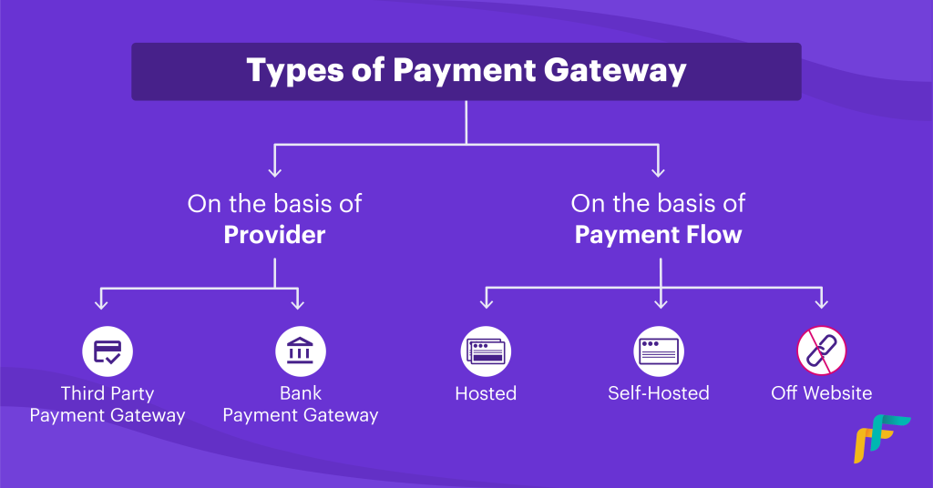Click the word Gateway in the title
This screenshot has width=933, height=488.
pos(615,71)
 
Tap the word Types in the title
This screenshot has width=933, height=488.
pos(294,71)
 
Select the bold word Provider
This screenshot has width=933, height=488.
pos(274,235)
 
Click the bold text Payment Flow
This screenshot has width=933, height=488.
pos(658,235)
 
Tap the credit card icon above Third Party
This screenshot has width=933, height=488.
pos(108,351)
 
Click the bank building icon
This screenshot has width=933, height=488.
pos(301,351)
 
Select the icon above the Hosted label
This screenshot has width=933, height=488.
pos(487,351)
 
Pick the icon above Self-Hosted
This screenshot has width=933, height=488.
pos(659,351)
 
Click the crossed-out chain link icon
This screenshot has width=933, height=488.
pos(822,351)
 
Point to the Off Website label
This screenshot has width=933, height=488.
pos(822,393)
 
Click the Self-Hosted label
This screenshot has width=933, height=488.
pos(659,393)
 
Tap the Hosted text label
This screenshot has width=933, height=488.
pos(487,393)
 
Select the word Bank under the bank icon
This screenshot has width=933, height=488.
pos(301,393)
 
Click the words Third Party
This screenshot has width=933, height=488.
pos(108,393)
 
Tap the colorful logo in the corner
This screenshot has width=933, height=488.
pos(882,439)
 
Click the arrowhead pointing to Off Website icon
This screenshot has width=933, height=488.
pos(822,303)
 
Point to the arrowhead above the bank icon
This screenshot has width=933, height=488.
pos(298,304)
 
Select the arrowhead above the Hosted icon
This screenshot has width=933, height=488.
pos(487,303)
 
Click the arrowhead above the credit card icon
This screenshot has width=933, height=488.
pos(101,304)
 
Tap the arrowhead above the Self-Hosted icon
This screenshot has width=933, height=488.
pos(661,303)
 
